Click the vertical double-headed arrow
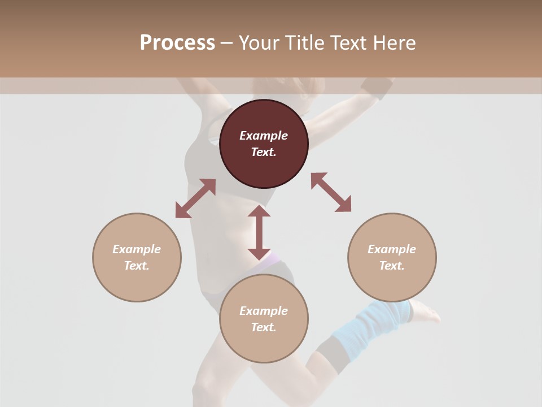[259, 232]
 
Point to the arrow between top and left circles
[195, 198]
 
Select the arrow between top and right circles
[331, 192]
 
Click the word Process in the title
[177, 43]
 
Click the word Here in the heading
[395, 43]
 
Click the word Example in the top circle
[264, 136]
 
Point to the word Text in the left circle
[137, 266]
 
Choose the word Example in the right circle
[392, 249]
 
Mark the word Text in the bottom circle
[264, 327]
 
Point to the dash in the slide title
[227, 43]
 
